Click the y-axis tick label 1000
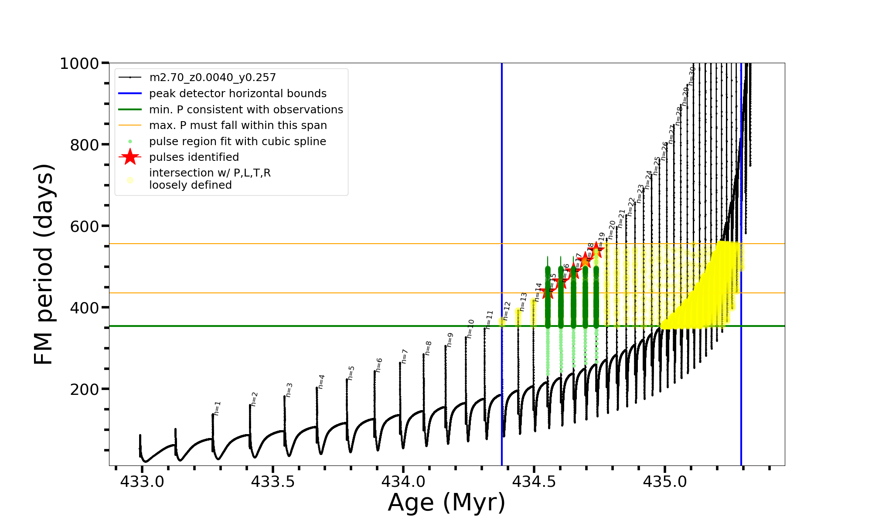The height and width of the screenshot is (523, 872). pyautogui.click(x=79, y=64)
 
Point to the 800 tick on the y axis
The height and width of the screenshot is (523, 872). pyautogui.click(x=85, y=145)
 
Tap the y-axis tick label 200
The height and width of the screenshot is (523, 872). pyautogui.click(x=85, y=389)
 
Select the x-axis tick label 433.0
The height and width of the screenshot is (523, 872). pyautogui.click(x=142, y=482)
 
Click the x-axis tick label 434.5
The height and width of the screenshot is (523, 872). pyautogui.click(x=534, y=482)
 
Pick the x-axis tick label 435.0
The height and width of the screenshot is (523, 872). pyautogui.click(x=665, y=482)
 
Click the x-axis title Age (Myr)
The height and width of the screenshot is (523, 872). pyautogui.click(x=446, y=503)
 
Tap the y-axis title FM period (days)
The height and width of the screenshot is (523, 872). pyautogui.click(x=44, y=264)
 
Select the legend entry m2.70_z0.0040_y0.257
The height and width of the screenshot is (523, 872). pyautogui.click(x=212, y=78)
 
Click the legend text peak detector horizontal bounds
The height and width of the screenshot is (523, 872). pyautogui.click(x=238, y=94)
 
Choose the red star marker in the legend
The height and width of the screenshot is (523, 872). pyautogui.click(x=130, y=157)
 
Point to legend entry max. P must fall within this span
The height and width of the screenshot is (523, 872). pyautogui.click(x=238, y=126)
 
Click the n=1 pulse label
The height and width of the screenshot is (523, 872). pyautogui.click(x=217, y=408)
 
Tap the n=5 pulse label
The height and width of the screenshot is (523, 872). pyautogui.click(x=351, y=373)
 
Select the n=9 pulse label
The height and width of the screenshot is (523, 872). pyautogui.click(x=450, y=340)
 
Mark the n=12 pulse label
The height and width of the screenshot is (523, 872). pyautogui.click(x=506, y=311)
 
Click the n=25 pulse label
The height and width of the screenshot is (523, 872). pyautogui.click(x=657, y=166)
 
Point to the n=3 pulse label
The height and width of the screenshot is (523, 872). pyautogui.click(x=289, y=390)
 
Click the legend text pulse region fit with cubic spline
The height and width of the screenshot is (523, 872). pyautogui.click(x=237, y=142)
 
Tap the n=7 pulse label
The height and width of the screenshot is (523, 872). pyautogui.click(x=404, y=356)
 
